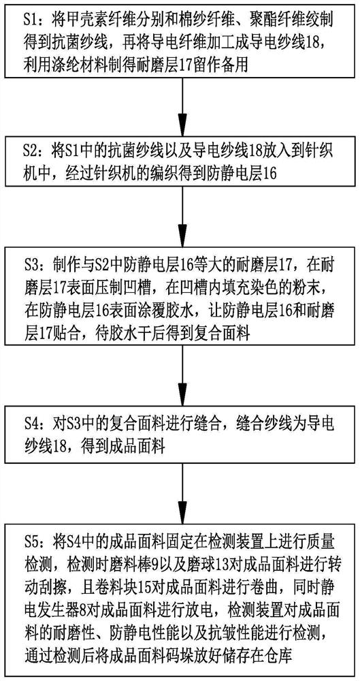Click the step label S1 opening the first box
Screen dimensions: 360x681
click(31, 20)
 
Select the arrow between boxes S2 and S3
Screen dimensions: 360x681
click(180, 215)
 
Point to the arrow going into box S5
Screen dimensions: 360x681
click(180, 491)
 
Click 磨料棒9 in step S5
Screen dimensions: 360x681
click(140, 556)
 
